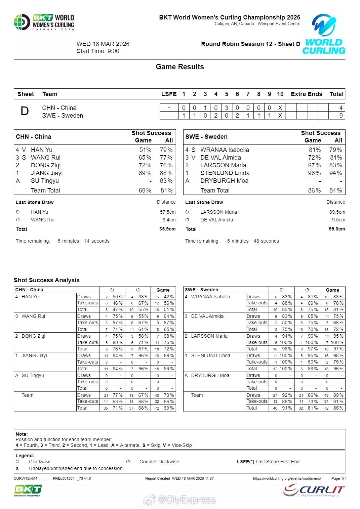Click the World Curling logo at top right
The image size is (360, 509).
coord(324,34)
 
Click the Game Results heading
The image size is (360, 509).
coord(180,67)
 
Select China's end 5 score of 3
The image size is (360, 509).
coord(227,108)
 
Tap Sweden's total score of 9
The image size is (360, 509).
coord(341,116)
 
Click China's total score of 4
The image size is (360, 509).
coord(341,108)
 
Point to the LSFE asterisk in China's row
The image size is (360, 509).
coord(169,108)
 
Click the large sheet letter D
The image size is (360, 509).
coord(25,111)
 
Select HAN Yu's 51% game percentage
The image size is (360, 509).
coord(145,150)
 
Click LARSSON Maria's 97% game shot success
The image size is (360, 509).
coord(315,165)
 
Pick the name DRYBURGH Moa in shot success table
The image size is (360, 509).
coord(224,181)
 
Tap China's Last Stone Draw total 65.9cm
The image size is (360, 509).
coord(167,229)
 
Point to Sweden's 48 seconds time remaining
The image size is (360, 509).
coord(266,241)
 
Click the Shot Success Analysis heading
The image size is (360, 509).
coord(47,280)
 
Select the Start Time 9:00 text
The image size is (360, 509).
coord(98,51)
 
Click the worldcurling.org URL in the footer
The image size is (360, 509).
coord(287,478)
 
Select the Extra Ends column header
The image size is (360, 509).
coord(306,94)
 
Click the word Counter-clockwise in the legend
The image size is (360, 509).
coord(159,462)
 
